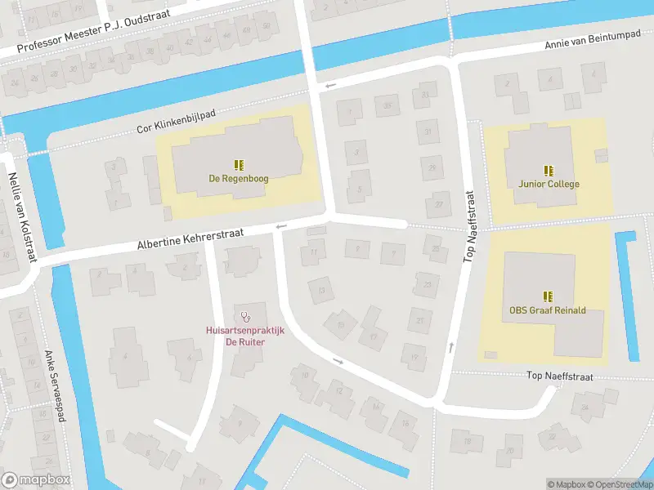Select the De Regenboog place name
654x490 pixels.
click(x=239, y=178)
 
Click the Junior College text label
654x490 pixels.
click(x=549, y=184)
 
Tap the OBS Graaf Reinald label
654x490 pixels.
click(x=548, y=310)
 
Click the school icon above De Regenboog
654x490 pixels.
click(x=239, y=164)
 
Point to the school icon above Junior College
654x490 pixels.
click(x=549, y=170)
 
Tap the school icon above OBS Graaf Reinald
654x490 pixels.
click(x=548, y=296)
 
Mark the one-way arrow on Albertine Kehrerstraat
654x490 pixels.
click(x=282, y=226)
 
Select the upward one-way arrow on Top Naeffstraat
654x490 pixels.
click(x=451, y=349)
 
